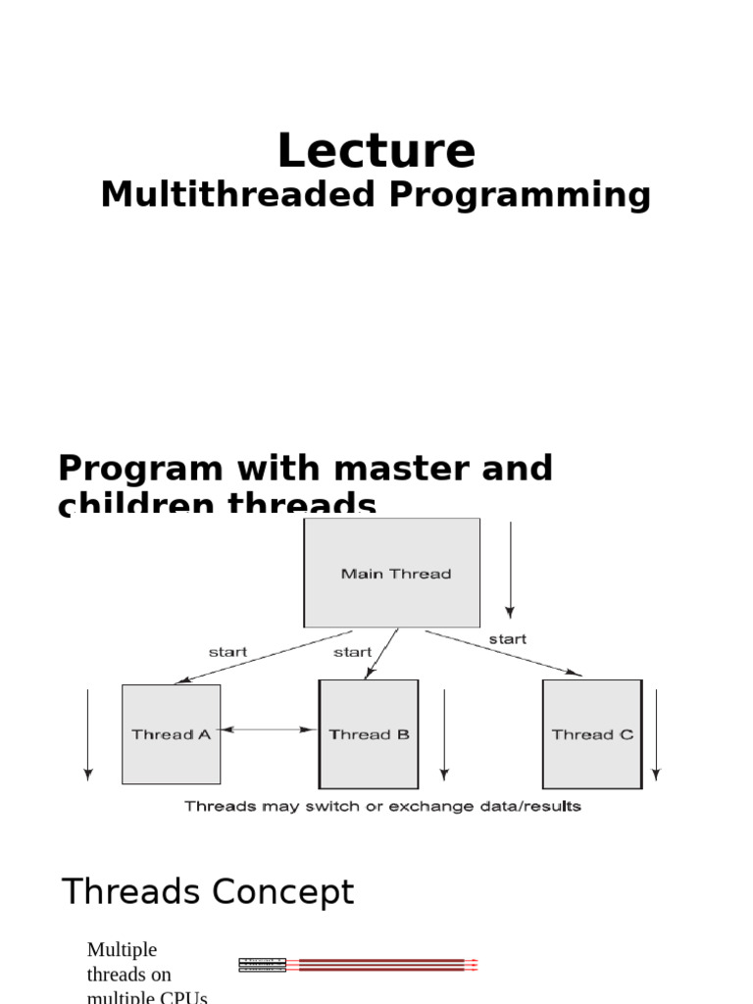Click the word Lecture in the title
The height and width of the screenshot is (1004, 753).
[x=376, y=152]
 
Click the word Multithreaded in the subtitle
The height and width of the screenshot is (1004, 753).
[x=238, y=195]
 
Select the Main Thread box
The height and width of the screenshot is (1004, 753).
[x=392, y=574]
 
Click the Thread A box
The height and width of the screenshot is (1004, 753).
[x=171, y=734]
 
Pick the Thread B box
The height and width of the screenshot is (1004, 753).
[x=369, y=734]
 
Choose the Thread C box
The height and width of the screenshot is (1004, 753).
[x=592, y=734]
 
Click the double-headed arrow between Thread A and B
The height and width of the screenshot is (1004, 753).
[x=270, y=729]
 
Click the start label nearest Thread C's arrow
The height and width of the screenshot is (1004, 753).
[x=507, y=638]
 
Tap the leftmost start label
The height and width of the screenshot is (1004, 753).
[x=227, y=651]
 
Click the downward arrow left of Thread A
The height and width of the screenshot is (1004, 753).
[x=88, y=734]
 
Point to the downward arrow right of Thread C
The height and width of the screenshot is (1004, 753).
[x=656, y=734]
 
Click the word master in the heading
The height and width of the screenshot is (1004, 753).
[x=388, y=469]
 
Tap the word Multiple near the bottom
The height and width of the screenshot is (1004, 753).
[x=122, y=949]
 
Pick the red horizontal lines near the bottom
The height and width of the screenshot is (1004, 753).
[x=387, y=965]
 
